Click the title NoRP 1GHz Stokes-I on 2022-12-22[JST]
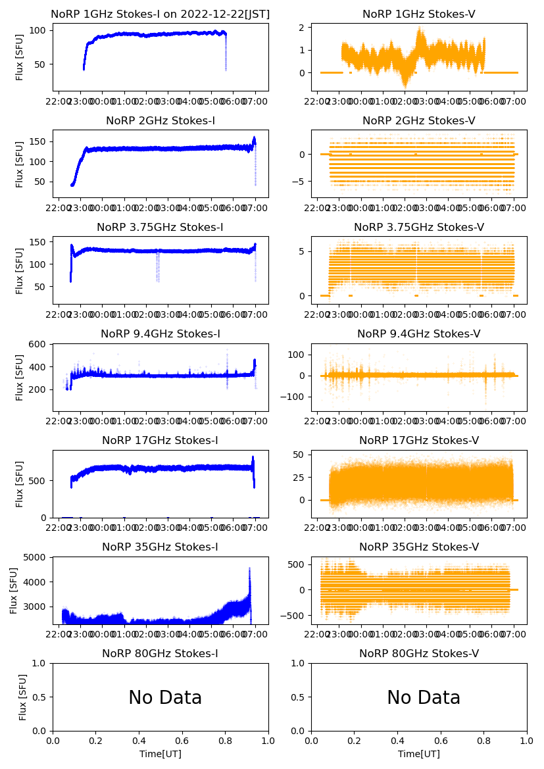160,14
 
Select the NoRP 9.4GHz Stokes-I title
160,334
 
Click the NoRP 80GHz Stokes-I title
160,654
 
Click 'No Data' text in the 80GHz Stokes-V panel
424,698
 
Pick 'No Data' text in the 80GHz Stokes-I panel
165,698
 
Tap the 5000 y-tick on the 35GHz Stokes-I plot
37,557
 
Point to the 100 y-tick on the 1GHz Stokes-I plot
39,30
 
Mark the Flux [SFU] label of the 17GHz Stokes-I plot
20,484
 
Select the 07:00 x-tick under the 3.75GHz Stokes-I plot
255,314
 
